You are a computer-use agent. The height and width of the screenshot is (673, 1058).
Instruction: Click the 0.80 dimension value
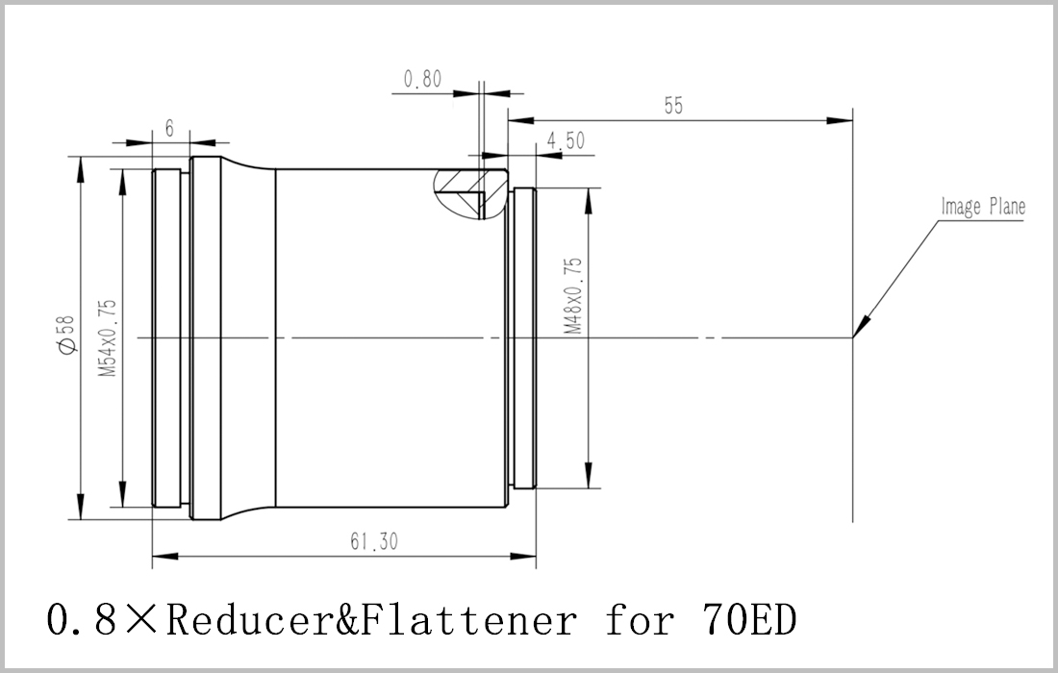[x=422, y=80]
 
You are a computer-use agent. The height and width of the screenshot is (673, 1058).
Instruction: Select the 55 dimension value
[x=673, y=106]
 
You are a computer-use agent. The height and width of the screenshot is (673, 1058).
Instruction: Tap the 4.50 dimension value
[x=566, y=141]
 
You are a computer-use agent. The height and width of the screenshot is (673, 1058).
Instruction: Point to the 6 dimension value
[x=169, y=128]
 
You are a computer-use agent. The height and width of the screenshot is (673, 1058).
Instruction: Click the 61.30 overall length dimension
[x=374, y=541]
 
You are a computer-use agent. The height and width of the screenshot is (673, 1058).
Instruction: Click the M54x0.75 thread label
[x=108, y=337]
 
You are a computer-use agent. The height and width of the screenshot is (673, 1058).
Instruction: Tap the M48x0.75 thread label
[x=573, y=296]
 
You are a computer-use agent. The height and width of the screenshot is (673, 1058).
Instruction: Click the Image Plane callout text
[x=983, y=207]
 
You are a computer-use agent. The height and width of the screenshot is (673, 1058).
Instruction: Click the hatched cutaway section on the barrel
[x=470, y=194]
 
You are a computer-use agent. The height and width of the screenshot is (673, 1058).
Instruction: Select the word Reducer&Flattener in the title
[x=372, y=620]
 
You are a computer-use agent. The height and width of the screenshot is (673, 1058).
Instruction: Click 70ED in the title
[x=749, y=620]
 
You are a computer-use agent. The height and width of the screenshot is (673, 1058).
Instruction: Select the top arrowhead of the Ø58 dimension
[x=80, y=169]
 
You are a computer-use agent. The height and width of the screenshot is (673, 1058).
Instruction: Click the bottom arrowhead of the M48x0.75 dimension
[x=589, y=475]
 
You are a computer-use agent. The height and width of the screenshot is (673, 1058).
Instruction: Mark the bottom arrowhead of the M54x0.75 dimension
[x=122, y=494]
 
